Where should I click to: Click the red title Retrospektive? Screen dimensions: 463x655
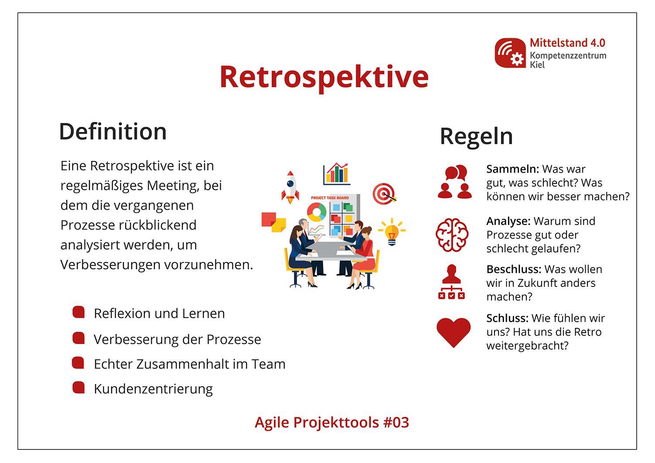(324, 77)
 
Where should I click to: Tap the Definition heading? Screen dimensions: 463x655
(113, 132)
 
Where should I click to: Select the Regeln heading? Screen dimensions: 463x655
(476, 136)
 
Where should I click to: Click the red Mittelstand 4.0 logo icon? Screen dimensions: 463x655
(510, 53)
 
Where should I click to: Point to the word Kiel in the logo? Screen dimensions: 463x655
(537, 65)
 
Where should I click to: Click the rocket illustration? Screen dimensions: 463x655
(290, 187)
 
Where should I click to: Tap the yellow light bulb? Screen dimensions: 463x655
(392, 231)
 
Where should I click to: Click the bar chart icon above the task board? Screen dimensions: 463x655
(336, 174)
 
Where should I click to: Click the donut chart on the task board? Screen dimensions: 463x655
(317, 212)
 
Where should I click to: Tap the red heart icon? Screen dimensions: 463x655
(454, 332)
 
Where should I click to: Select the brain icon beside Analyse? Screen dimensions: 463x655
(452, 235)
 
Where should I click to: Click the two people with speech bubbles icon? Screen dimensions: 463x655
(454, 182)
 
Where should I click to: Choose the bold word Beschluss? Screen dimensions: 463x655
(513, 269)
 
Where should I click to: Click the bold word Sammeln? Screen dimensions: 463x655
(512, 169)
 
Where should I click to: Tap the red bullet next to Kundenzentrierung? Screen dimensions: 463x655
(78, 388)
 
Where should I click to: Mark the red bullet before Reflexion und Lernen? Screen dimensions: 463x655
(78, 312)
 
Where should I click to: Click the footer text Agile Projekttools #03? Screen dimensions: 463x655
(332, 422)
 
